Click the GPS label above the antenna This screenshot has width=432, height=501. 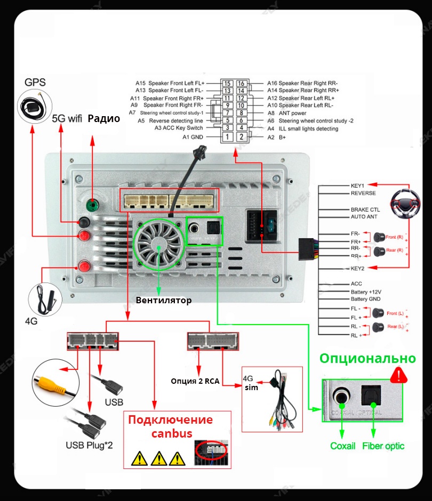click(35, 83)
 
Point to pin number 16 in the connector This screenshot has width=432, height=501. click(241, 83)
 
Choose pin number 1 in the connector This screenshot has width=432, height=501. click(227, 137)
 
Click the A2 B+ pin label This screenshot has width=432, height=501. click(276, 137)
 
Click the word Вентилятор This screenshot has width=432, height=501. click(163, 300)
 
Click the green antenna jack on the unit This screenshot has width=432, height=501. click(93, 205)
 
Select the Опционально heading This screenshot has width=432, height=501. click(367, 358)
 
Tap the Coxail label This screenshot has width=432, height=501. click(342, 446)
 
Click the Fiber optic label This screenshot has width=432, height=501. click(383, 446)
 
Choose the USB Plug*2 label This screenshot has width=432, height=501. click(89, 445)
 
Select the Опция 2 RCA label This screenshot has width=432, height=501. click(195, 381)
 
